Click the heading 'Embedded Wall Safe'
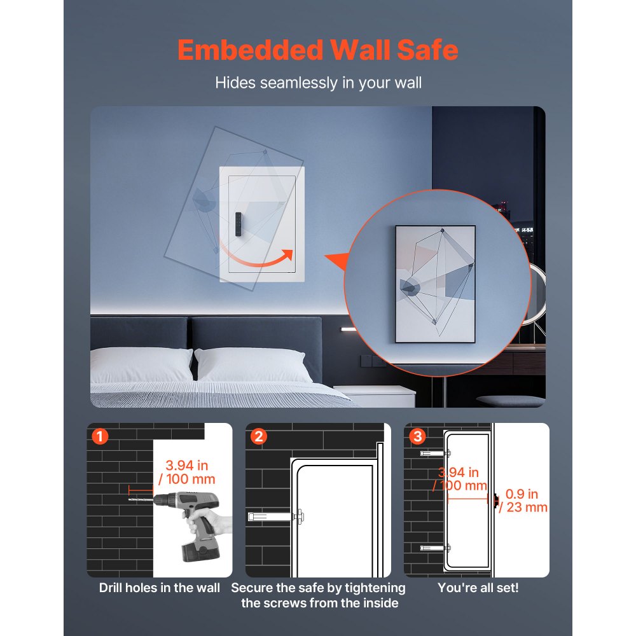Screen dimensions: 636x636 click(317, 50)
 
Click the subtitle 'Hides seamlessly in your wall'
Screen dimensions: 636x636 click(318, 83)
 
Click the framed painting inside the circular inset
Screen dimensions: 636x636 click(436, 284)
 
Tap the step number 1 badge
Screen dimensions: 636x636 click(100, 437)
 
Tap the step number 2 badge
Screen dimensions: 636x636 click(258, 437)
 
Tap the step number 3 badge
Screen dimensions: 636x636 click(417, 437)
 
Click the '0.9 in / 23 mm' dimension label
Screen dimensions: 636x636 click(523, 501)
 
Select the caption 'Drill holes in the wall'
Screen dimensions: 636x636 click(159, 588)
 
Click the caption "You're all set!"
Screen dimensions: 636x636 click(478, 588)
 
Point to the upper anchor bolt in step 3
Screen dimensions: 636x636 click(434, 453)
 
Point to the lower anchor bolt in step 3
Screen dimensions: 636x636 click(434, 547)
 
